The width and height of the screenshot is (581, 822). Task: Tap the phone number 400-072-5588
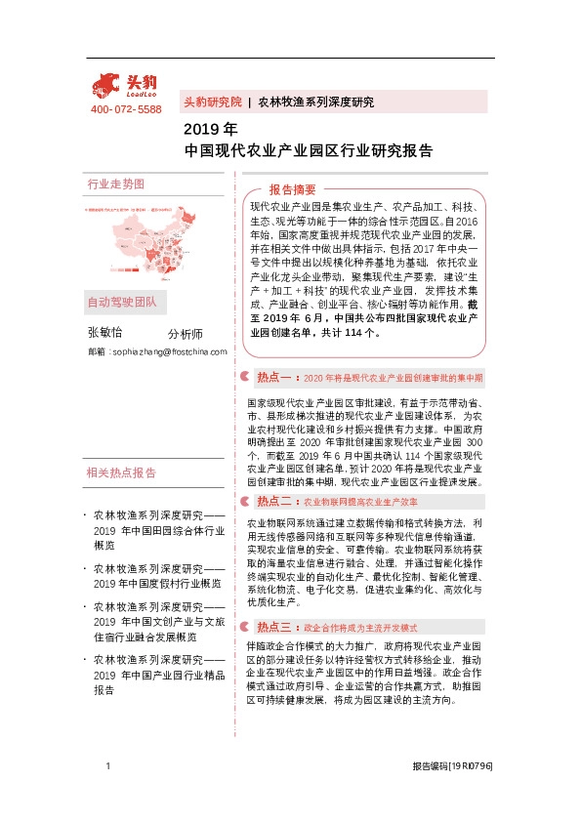(126, 109)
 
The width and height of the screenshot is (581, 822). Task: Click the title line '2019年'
(210, 129)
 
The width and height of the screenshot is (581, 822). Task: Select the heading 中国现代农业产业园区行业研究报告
(308, 151)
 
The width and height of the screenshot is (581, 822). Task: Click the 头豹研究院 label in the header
(212, 102)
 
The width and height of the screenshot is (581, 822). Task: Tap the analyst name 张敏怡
(104, 332)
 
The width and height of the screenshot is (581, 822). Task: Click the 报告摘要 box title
(292, 189)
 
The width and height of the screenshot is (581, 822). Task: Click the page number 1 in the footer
(108, 767)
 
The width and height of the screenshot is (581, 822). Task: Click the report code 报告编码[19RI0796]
(451, 767)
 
